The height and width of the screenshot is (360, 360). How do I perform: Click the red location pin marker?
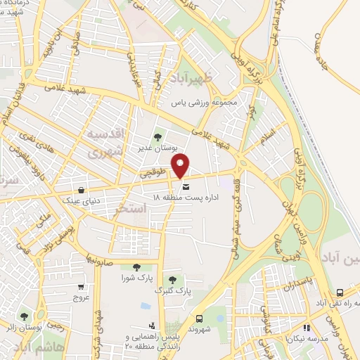[x=181, y=165]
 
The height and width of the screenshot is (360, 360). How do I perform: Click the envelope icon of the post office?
[x=186, y=187]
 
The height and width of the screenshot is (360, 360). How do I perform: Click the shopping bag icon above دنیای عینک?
[x=82, y=190]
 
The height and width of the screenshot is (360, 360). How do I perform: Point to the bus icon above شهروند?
[x=199, y=319]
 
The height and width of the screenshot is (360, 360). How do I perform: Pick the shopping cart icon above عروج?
[x=82, y=287]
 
